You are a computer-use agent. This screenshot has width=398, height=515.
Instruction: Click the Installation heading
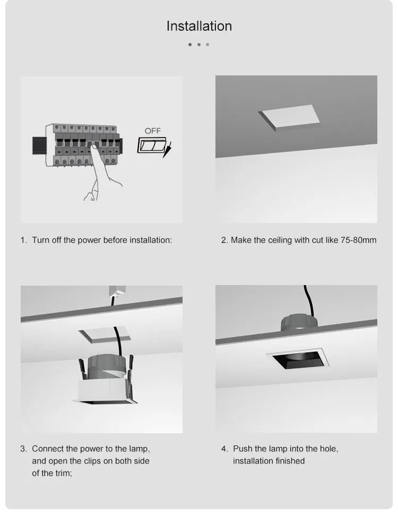pyautogui.click(x=199, y=26)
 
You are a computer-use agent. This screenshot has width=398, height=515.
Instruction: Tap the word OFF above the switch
pyautogui.click(x=153, y=131)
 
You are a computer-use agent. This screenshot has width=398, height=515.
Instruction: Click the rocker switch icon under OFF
pyautogui.click(x=152, y=145)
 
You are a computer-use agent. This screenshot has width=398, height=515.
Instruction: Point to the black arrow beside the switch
pyautogui.click(x=168, y=150)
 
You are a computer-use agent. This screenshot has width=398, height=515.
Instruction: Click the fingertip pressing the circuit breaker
pyautogui.click(x=93, y=147)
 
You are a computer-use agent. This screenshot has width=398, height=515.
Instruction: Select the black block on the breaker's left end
pyautogui.click(x=39, y=145)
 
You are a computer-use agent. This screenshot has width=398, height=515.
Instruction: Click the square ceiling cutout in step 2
pyautogui.click(x=289, y=117)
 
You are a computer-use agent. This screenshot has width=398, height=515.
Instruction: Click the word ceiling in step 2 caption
pyautogui.click(x=280, y=241)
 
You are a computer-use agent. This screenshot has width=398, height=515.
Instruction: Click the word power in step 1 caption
pyautogui.click(x=89, y=241)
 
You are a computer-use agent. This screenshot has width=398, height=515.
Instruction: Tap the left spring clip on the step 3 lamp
pyautogui.click(x=82, y=369)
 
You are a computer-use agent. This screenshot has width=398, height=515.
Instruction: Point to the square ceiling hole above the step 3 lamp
pyautogui.click(x=105, y=334)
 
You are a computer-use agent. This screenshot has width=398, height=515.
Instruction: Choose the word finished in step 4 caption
pyautogui.click(x=290, y=461)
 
